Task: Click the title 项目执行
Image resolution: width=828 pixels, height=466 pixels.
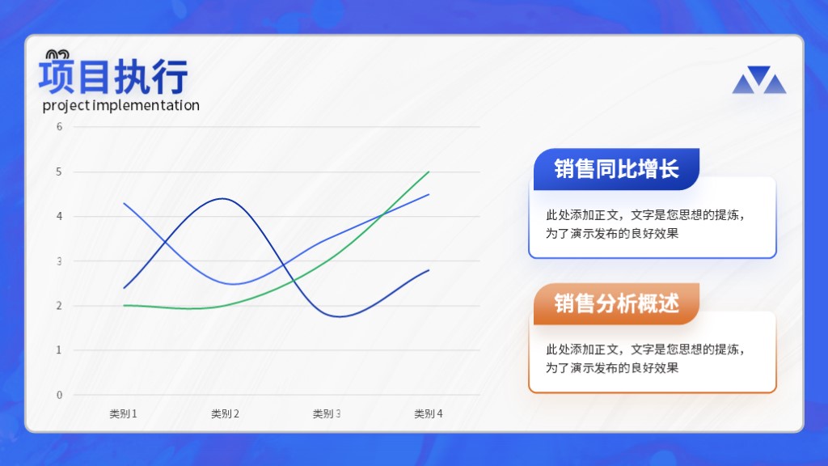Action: [x=113, y=77]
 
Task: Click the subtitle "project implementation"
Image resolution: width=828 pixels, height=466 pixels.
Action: [x=121, y=105]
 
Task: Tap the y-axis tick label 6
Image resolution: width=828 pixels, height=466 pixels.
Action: [x=59, y=127]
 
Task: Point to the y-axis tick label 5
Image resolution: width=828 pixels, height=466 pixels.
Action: [x=59, y=172]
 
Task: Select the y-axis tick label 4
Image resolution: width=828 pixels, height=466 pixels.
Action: [x=59, y=216]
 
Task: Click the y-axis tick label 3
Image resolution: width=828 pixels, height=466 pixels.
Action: [x=59, y=261]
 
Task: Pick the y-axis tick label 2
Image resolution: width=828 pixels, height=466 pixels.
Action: [x=59, y=305]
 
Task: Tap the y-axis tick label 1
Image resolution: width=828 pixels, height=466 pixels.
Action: [x=59, y=349]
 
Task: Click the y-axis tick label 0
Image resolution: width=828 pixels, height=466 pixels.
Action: [x=59, y=395]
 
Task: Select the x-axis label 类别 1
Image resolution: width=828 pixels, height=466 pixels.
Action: [x=123, y=413]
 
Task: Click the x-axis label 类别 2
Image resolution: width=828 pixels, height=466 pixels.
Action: [x=225, y=413]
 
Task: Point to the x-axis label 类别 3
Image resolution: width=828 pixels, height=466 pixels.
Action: [x=327, y=413]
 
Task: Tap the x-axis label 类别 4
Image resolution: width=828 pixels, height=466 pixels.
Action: [x=429, y=413]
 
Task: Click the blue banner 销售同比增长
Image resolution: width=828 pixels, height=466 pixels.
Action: [x=616, y=169]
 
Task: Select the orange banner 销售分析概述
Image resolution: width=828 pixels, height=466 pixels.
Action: [x=616, y=304]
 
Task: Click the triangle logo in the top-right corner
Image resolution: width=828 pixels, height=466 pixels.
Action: [x=758, y=80]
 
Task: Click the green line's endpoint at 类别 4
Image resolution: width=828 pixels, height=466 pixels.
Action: [x=429, y=172]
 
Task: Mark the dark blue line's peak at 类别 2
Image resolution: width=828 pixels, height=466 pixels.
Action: [x=224, y=199]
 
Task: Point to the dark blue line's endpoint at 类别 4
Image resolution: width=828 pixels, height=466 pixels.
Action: [x=429, y=270]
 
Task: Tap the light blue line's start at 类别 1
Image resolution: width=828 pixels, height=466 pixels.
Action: [x=124, y=203]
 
